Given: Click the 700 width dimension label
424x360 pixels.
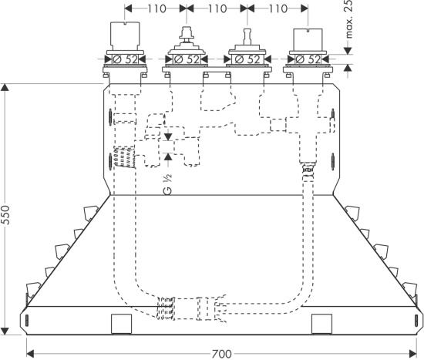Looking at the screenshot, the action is click(x=222, y=354).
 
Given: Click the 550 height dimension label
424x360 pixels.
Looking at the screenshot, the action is click(x=5, y=215).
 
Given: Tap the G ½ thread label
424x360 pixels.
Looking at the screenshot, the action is click(x=167, y=184).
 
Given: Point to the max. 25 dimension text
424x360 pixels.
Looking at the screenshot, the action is click(x=348, y=19).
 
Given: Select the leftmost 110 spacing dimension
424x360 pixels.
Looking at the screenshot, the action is click(x=156, y=8).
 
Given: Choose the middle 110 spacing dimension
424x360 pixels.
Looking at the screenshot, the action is click(x=217, y=8).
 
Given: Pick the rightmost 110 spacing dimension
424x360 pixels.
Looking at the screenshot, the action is click(x=278, y=8).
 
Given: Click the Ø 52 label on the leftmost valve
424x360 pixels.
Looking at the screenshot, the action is click(x=125, y=59).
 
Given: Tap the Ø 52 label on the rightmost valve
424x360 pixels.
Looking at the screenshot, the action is click(x=308, y=59).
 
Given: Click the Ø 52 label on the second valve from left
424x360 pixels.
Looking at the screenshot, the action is click(x=187, y=59).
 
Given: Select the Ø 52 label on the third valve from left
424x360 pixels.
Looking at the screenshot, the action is click(x=247, y=59).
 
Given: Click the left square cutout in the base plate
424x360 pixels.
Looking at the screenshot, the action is click(x=121, y=324).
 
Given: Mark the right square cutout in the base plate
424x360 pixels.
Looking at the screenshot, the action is click(x=321, y=324).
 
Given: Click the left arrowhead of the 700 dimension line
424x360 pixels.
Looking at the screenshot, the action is click(x=30, y=353).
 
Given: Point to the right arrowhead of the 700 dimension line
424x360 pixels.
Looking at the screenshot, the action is click(x=413, y=353).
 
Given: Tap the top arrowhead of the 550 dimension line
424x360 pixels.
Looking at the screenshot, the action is click(x=5, y=87).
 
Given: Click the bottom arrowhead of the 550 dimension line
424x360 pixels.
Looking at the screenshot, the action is click(x=5, y=331).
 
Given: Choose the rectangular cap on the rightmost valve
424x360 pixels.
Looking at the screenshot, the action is click(x=308, y=39).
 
